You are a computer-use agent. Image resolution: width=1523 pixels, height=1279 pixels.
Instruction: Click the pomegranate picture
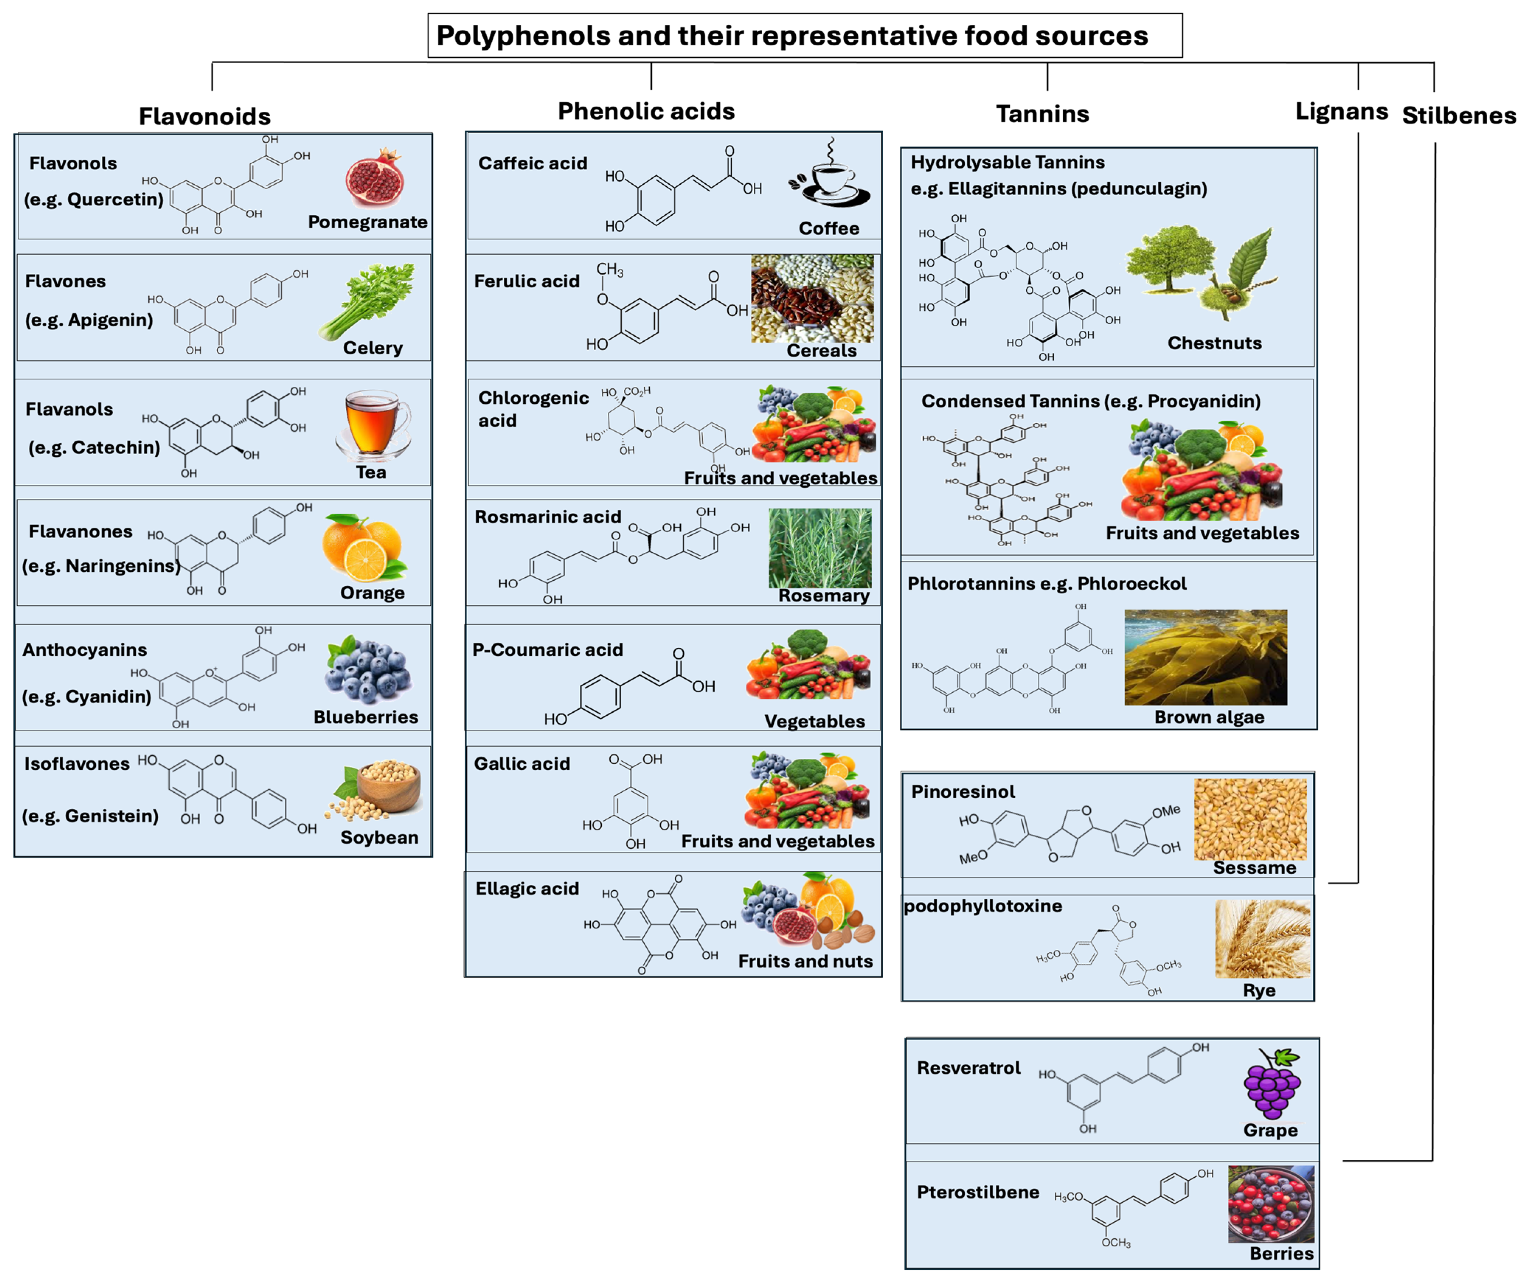(374, 178)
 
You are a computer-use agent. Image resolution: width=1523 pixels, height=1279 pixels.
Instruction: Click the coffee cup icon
(830, 176)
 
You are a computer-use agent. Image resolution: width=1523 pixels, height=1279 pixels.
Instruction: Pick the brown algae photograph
(1205, 657)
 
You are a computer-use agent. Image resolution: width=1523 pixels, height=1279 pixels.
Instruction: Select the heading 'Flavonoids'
(205, 116)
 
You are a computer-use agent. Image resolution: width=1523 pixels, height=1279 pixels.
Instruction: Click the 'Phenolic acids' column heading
(645, 111)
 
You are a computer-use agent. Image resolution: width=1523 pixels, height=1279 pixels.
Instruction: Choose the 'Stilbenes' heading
(1458, 115)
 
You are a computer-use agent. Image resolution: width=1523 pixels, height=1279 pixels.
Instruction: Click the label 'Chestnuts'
(1214, 343)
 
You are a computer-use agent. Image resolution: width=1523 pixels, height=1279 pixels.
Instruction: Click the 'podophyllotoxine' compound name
(983, 906)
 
